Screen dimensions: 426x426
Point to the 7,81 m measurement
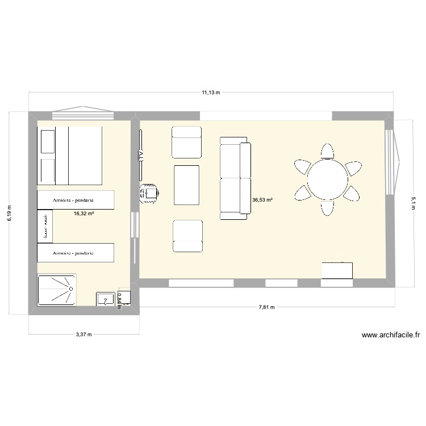click(x=266, y=307)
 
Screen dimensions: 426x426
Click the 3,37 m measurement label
click(x=83, y=335)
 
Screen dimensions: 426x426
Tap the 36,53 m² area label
click(x=262, y=200)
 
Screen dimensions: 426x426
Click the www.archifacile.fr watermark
click(x=390, y=336)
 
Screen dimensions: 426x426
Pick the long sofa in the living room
click(x=235, y=178)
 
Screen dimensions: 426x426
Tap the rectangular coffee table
click(x=186, y=184)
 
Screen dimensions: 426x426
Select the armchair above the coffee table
click(x=186, y=142)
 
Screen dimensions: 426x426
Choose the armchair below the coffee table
click(x=187, y=236)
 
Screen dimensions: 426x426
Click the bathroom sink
click(x=106, y=299)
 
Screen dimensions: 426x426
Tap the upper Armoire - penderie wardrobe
click(x=75, y=200)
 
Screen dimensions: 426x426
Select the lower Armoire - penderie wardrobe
click(x=75, y=252)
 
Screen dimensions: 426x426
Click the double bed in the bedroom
click(x=69, y=155)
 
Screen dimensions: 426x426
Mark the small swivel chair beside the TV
click(x=149, y=193)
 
